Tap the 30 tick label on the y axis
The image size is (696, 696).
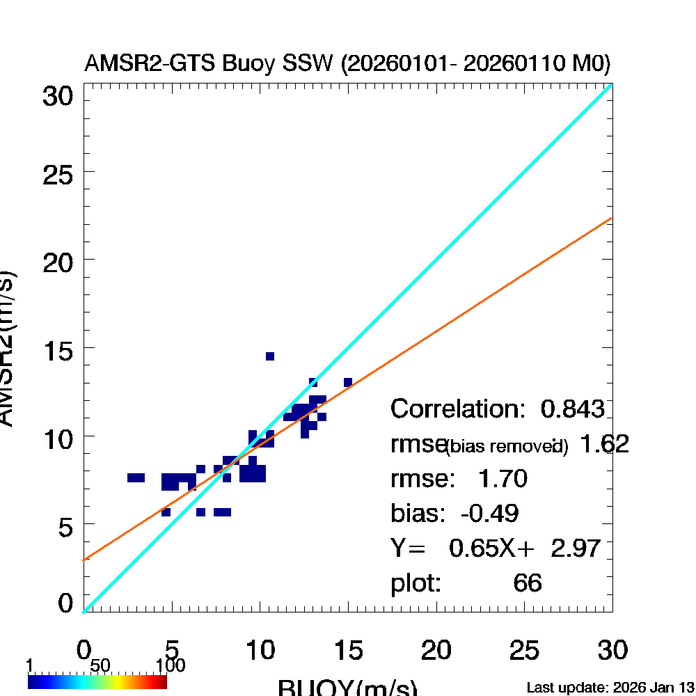pos(58,96)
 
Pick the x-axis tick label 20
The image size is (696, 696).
pos(436,651)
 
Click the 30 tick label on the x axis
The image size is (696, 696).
pos(612,651)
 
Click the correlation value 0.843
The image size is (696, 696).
pos(573,409)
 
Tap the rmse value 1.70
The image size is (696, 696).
pos(502,479)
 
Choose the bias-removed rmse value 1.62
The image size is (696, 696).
pos(604,444)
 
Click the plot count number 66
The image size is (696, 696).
pos(527,583)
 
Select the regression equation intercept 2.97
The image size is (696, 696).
pos(576,548)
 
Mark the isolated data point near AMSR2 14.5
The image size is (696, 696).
pos(270,356)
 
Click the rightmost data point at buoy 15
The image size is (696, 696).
pos(348,382)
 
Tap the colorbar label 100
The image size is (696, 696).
pos(171,666)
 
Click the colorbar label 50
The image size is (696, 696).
pos(100,666)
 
